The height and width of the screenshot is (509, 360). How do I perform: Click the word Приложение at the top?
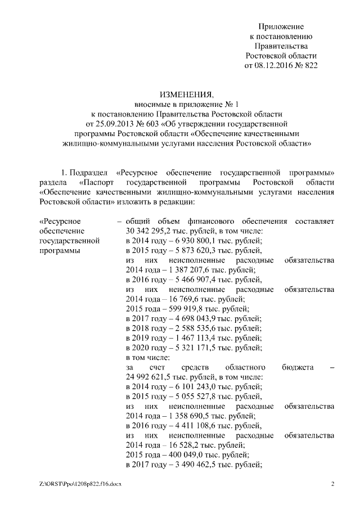coord(281,27)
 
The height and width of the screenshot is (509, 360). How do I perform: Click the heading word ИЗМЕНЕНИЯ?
coord(179,94)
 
